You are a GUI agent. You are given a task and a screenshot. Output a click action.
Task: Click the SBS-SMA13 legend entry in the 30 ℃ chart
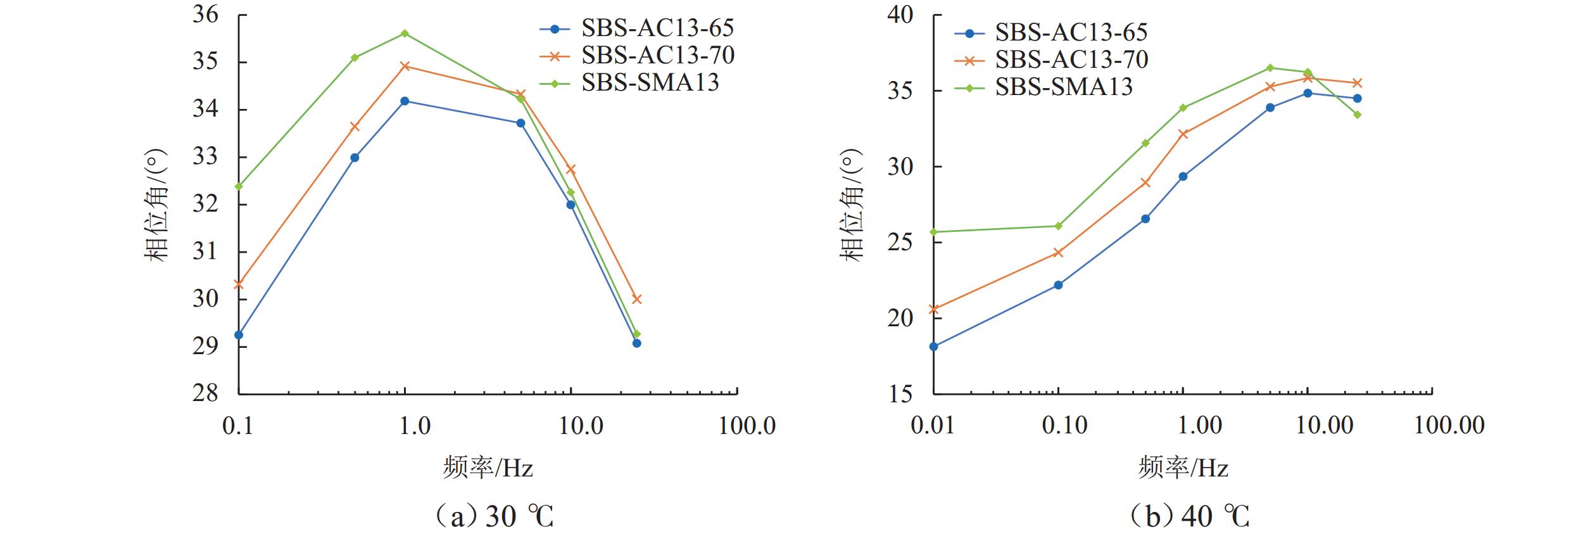[x=650, y=83]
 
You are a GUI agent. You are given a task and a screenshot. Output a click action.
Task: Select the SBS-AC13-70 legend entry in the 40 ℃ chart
[x=1071, y=60]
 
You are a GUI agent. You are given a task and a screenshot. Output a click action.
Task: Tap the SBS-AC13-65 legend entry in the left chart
[x=657, y=29]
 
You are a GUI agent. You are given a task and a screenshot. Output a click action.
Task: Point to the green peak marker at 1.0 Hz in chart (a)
[x=405, y=34]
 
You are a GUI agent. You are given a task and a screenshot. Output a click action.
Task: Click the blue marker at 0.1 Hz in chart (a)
[x=239, y=335]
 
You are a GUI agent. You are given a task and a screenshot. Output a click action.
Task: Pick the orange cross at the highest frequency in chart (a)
[x=636, y=299]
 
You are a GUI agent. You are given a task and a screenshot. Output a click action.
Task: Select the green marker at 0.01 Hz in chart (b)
[x=934, y=232]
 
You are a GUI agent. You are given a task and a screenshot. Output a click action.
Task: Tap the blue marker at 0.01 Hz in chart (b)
[x=934, y=346]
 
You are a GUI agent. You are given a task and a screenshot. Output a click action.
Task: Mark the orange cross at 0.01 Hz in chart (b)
[x=934, y=309]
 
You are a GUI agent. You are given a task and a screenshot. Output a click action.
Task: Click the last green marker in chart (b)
[x=1358, y=115]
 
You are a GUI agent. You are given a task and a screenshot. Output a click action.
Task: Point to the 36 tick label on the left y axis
[x=205, y=15]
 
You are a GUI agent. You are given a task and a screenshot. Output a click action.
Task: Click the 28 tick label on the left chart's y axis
[x=205, y=393]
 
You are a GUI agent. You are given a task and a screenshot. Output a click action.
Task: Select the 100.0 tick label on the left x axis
[x=747, y=426]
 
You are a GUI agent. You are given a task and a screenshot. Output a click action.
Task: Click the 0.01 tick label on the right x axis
[x=933, y=425]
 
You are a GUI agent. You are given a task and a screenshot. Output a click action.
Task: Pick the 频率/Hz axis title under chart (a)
[x=488, y=468]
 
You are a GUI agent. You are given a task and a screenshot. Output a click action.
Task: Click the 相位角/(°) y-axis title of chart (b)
[x=852, y=204]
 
